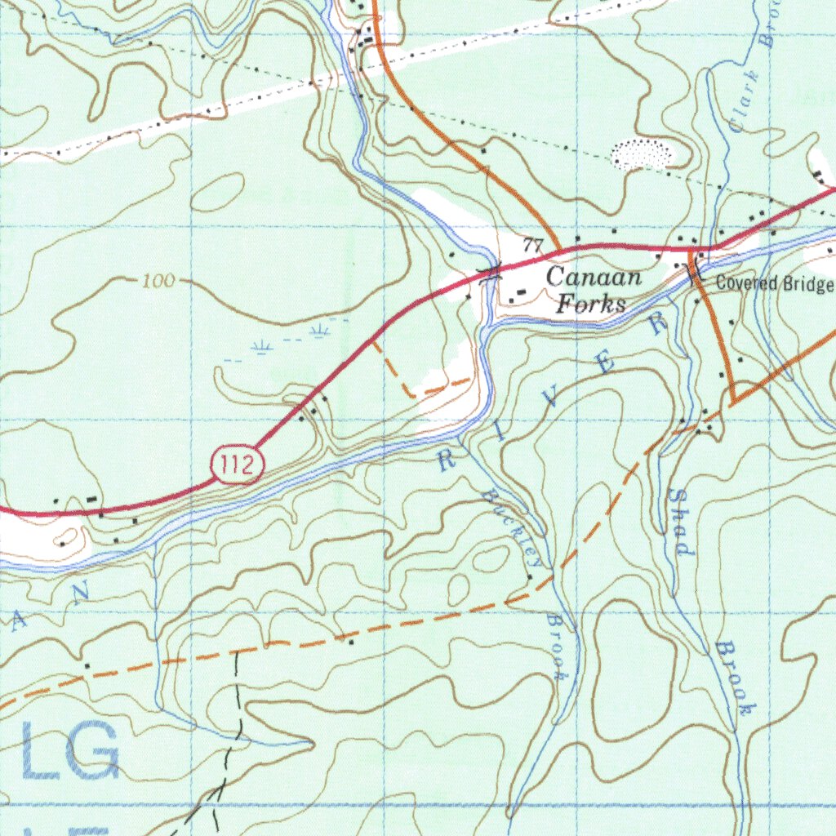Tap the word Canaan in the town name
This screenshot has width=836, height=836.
[594, 277]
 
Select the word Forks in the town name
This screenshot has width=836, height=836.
[590, 304]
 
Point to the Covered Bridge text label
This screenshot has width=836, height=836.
[774, 284]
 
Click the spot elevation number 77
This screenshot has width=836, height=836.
[533, 245]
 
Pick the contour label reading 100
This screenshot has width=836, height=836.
[158, 282]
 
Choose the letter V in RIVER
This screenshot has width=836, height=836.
[553, 398]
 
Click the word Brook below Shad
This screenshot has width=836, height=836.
[732, 678]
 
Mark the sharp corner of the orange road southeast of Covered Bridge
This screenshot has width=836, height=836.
[733, 402]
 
